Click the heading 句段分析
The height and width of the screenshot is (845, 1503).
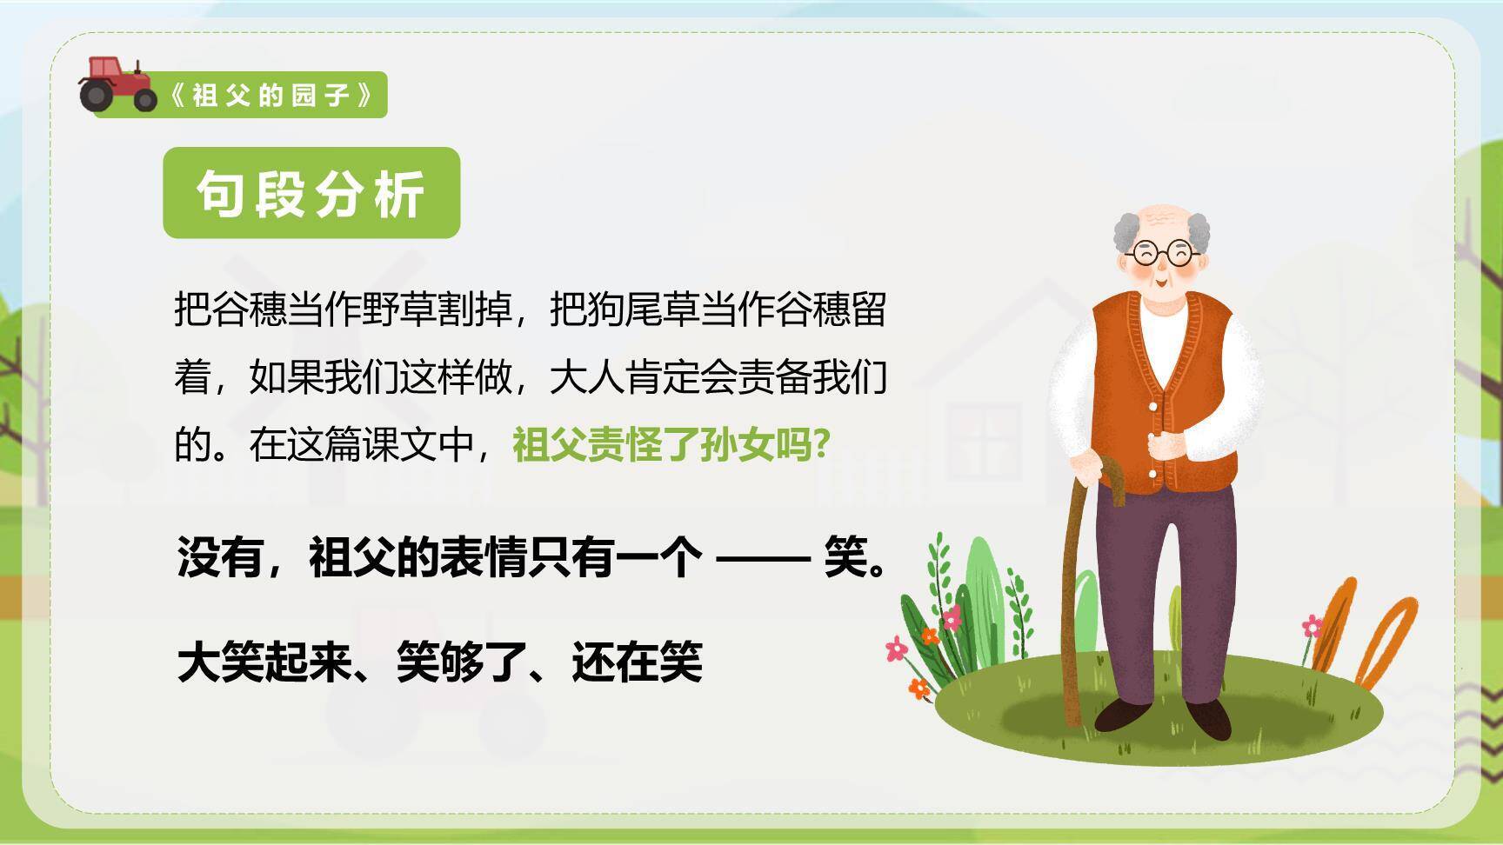point(311,193)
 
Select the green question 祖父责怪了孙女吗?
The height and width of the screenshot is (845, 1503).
point(671,445)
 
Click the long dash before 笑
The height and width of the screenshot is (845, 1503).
point(761,558)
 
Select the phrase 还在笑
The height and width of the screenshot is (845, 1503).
point(637,662)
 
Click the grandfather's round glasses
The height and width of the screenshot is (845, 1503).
point(1160,253)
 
